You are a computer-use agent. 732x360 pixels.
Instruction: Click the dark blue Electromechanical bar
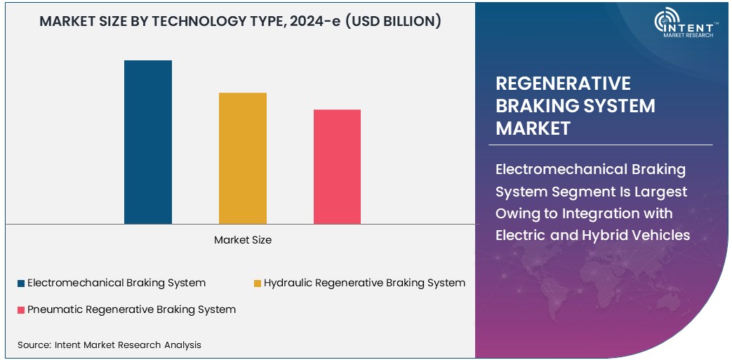pos(148,142)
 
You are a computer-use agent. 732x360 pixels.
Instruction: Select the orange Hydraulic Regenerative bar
pos(243,158)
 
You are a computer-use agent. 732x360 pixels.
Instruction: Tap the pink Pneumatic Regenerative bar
pos(337,166)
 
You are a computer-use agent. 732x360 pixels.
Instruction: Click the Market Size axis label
pos(243,240)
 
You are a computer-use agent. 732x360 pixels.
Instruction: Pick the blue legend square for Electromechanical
pos(21,284)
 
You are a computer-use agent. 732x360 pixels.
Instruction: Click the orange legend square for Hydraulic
pos(258,284)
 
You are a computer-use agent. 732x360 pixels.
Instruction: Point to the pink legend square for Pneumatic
pos(21,309)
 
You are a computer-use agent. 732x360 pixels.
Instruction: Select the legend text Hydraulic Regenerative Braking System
pos(364,283)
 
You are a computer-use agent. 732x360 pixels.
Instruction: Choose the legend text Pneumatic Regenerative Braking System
pos(131,309)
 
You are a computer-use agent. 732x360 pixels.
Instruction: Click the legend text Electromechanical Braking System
pos(117,283)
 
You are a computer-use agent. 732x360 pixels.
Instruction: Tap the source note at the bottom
pos(109,345)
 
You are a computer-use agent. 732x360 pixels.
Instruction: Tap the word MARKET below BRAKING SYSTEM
pos(533,128)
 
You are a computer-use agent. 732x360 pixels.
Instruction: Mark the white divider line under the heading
pos(604,145)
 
